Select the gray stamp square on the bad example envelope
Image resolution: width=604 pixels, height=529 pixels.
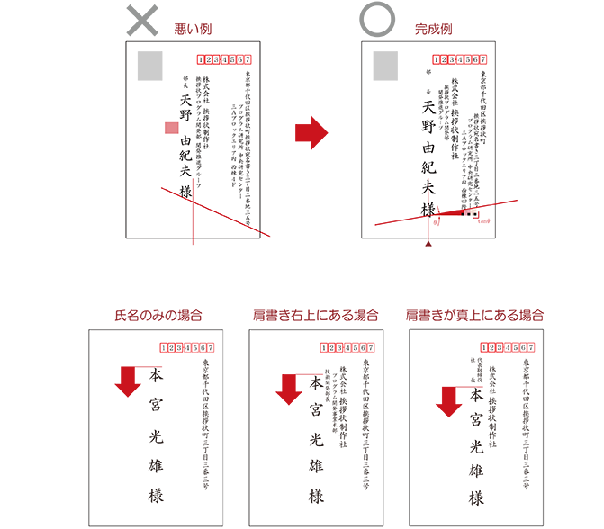point(149,65)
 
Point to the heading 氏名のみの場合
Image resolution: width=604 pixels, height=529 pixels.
point(158,316)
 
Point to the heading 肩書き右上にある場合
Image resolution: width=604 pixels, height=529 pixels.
point(315,316)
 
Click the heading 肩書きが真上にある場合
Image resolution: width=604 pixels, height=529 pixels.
point(474,316)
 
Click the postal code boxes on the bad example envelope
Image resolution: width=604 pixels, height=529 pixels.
point(222,59)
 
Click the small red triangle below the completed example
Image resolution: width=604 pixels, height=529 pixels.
point(428,244)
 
